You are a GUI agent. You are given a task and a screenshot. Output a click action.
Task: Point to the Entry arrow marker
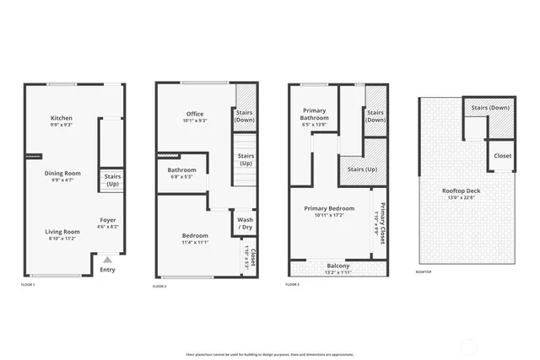click(107, 260)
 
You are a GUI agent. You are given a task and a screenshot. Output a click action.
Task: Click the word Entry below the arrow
click(107, 270)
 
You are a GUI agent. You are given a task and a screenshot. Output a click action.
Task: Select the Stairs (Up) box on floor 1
click(112, 180)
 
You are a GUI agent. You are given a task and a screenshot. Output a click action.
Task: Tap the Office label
click(195, 117)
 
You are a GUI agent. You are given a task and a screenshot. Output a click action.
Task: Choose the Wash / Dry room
click(245, 223)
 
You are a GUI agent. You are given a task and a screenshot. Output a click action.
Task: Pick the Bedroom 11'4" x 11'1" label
click(195, 239)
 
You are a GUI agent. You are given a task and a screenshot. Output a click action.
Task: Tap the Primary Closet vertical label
click(382, 224)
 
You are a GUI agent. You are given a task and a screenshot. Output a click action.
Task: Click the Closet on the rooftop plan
click(502, 156)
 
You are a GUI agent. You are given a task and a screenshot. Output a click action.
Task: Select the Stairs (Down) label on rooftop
click(489, 108)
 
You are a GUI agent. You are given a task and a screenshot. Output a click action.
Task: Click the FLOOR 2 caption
click(159, 287)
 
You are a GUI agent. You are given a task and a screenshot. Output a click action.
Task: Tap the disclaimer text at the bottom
click(270, 354)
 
